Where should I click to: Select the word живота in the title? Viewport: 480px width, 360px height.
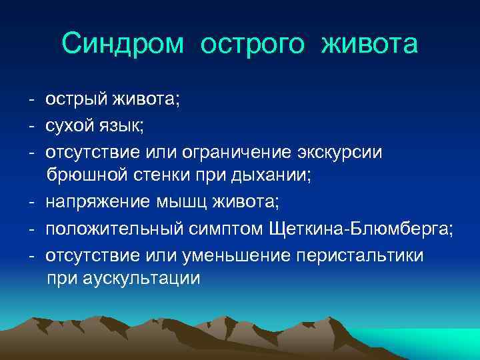370,45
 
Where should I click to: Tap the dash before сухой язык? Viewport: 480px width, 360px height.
31,126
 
